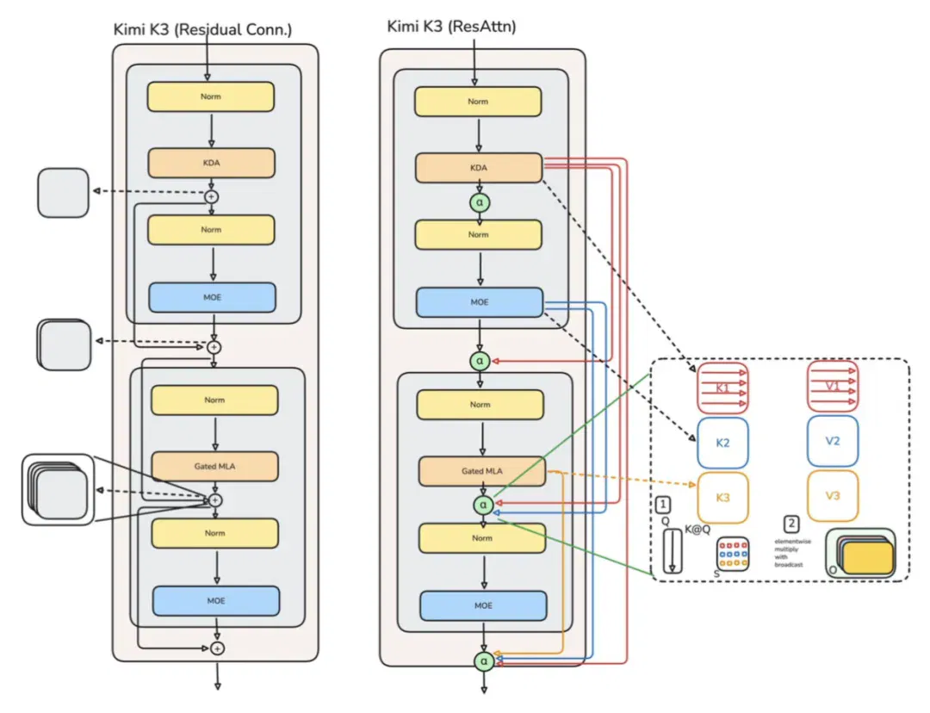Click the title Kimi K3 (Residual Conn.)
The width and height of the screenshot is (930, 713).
coord(202,29)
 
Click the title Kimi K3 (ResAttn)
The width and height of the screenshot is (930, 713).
coord(451,26)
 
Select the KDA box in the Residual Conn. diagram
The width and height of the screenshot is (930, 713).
coord(211,163)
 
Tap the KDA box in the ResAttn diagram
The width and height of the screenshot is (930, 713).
coord(479,168)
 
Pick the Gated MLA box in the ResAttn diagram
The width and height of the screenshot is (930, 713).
coord(482,471)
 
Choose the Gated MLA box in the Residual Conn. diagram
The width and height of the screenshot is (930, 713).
coord(214,466)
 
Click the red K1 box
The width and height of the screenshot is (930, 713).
coord(722,388)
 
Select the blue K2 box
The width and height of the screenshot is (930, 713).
coord(722,443)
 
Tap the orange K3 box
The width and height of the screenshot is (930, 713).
coord(722,497)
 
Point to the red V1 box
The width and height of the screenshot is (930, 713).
coord(833,386)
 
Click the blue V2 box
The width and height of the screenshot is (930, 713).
coord(833,441)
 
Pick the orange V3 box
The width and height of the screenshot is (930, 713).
coord(833,495)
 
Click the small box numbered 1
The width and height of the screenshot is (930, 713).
coord(663,505)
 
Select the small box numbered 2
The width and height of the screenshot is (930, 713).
coord(791,524)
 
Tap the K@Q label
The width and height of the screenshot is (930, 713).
coord(697,529)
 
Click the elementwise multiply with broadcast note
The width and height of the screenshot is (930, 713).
coord(792,553)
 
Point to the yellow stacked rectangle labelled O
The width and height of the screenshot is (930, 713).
coord(868,558)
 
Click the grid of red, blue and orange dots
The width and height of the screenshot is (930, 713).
coord(733,554)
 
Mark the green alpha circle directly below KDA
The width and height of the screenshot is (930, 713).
coord(480,202)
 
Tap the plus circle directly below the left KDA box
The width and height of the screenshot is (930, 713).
coord(212,196)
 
